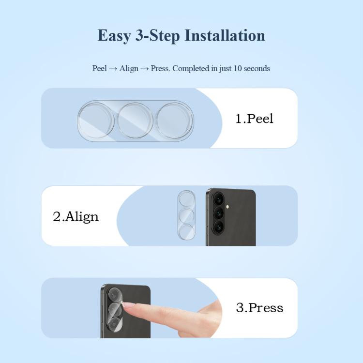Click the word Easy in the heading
point(114,36)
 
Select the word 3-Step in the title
point(158,36)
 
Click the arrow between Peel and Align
point(113,69)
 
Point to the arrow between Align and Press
point(144,69)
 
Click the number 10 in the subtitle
point(238,69)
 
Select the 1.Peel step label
point(254,119)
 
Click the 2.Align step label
point(76,217)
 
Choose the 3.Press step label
point(259,308)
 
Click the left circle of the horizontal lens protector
point(96,121)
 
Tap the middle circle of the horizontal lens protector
point(136,121)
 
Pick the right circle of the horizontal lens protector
point(175,121)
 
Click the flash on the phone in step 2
point(228,206)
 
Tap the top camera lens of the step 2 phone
point(218,198)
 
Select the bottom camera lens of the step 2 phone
point(218,227)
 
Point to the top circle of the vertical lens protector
point(186,199)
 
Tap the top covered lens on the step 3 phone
point(115,295)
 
